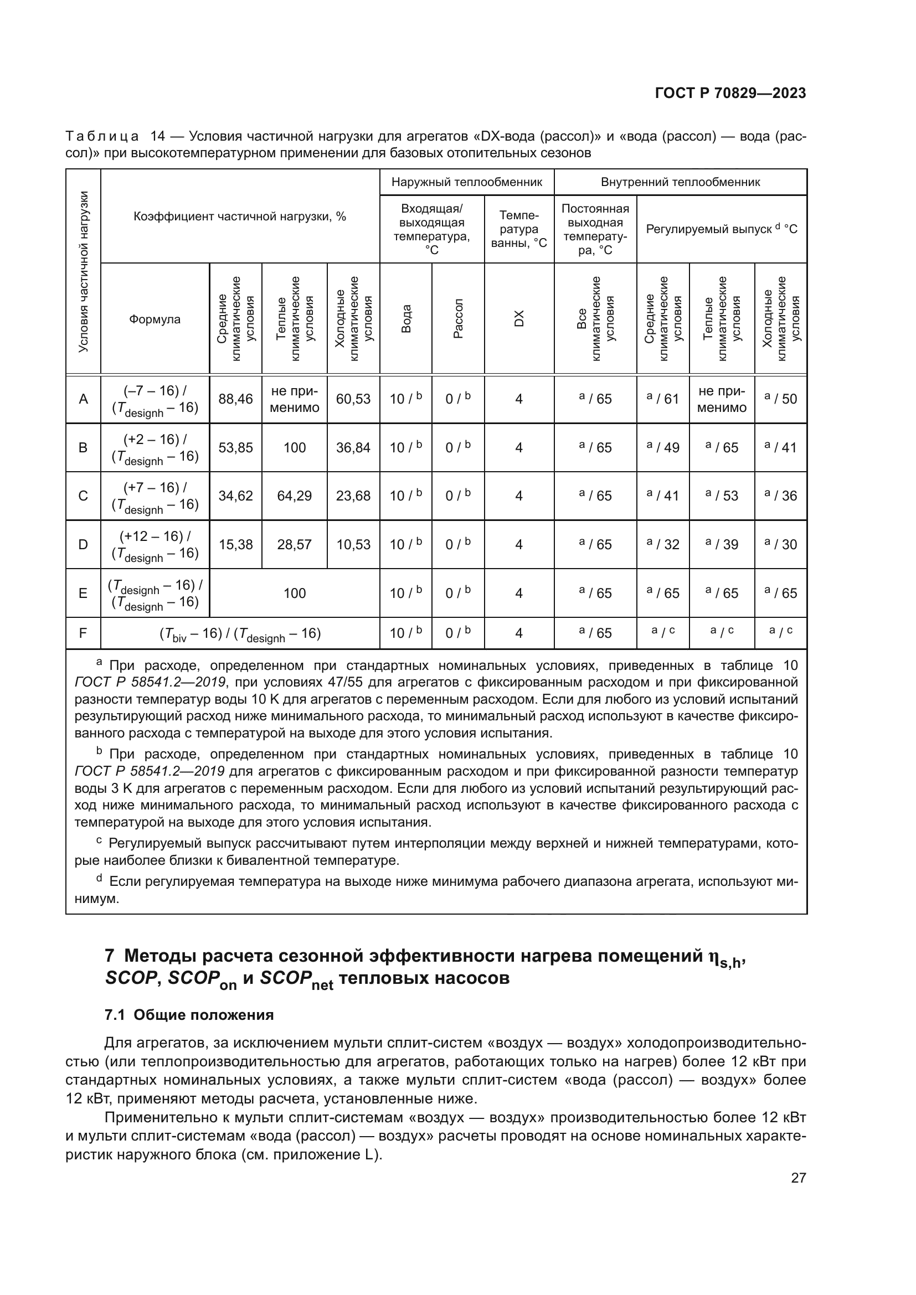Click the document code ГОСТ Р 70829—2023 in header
730,93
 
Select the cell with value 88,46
235,399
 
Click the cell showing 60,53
353,399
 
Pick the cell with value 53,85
235,448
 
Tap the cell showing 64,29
294,496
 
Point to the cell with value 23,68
353,496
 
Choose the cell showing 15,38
235,545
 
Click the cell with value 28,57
294,545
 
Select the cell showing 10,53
353,545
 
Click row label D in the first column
83,545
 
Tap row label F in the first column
83,633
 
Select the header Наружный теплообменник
466,182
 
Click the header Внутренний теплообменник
680,182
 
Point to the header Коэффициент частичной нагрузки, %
240,216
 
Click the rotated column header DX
519,318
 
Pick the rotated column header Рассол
458,318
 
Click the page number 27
798,1178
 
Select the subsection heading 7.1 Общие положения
189,1015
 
